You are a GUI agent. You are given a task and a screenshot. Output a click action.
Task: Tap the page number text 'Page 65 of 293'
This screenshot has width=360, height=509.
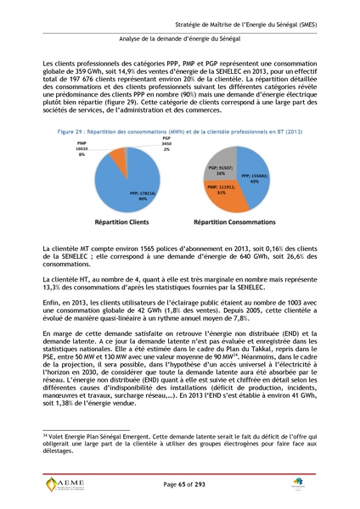coord(179,483)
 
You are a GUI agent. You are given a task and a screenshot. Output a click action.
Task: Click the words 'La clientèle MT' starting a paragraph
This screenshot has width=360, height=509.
coord(65,246)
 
